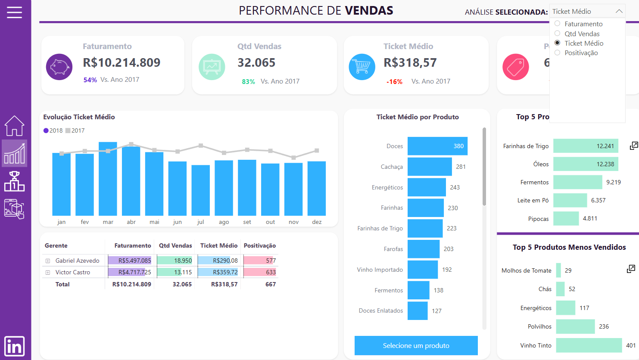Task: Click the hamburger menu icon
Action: tap(14, 12)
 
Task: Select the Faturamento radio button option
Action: tap(558, 24)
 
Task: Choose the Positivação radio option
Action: tap(558, 53)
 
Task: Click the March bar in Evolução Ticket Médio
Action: tap(108, 179)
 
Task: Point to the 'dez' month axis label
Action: tap(317, 222)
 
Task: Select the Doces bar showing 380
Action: tap(437, 146)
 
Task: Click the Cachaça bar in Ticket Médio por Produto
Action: tap(429, 167)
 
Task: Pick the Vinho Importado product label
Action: tap(380, 270)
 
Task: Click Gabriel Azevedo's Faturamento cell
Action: tap(130, 261)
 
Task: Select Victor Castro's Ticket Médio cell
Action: tap(218, 272)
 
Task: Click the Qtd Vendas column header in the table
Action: tap(175, 245)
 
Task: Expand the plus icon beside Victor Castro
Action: tap(48, 273)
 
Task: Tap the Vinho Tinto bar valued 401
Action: tap(589, 345)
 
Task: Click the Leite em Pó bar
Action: tap(570, 200)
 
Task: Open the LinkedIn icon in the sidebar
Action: tap(14, 346)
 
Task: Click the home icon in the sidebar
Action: tap(14, 126)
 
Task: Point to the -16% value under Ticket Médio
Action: tap(394, 81)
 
